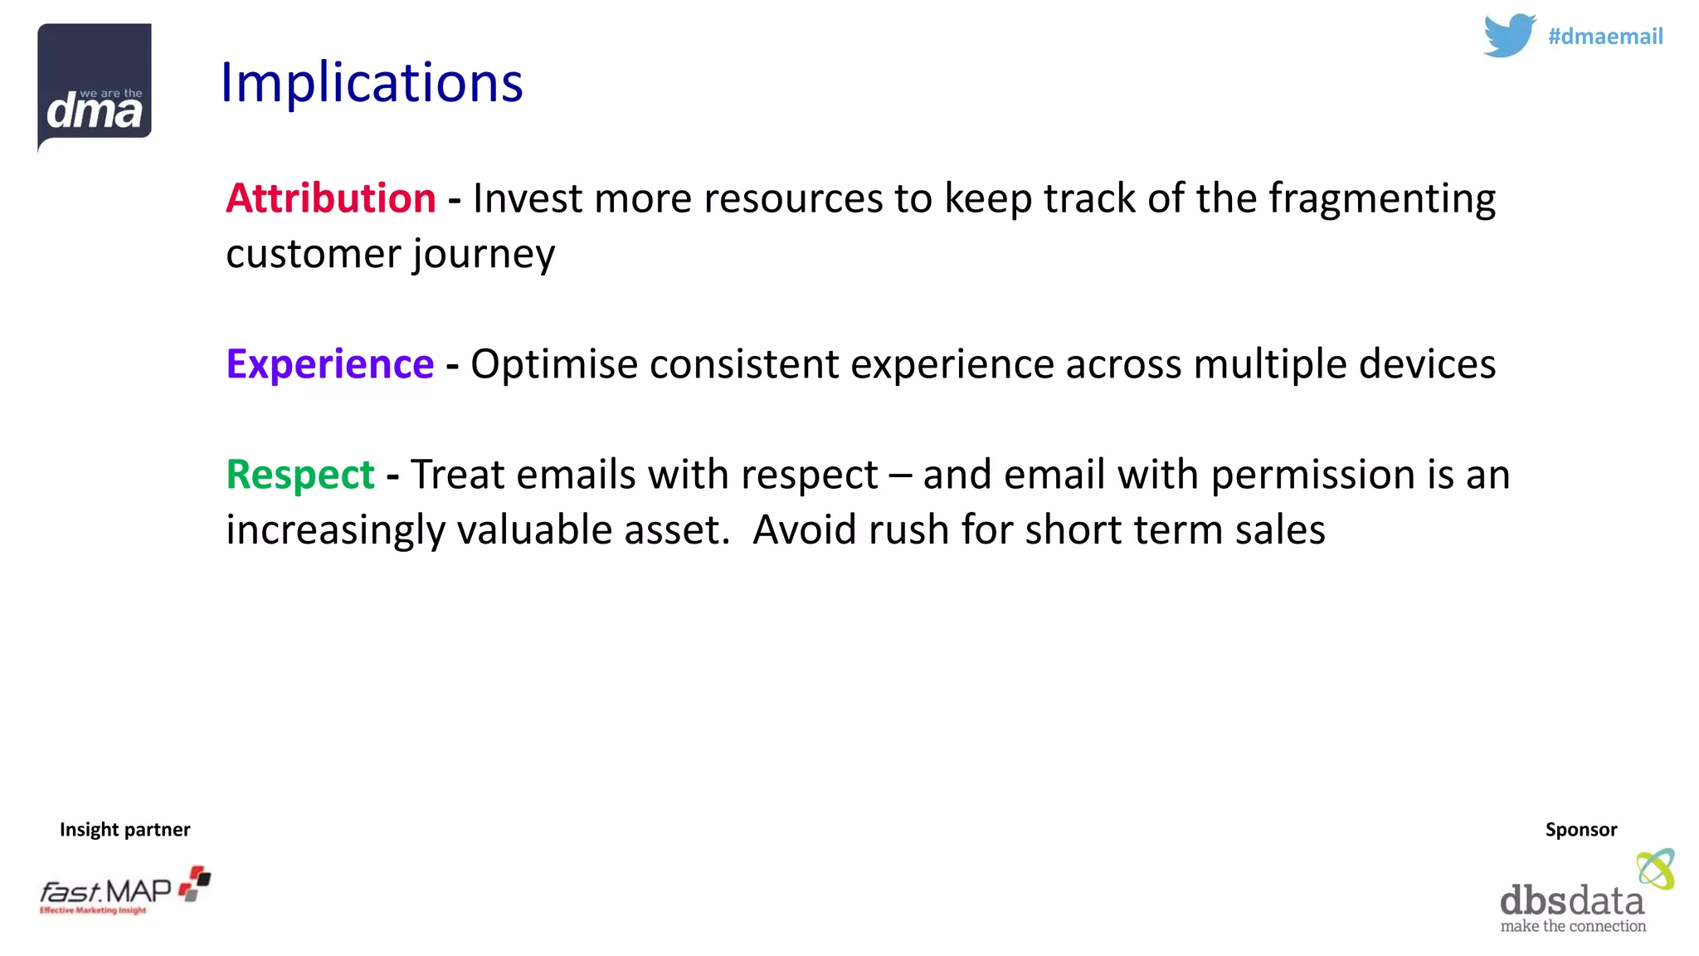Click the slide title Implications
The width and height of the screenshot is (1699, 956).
372,83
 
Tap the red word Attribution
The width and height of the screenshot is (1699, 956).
330,198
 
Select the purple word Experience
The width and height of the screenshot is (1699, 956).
329,364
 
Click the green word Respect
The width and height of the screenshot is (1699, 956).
299,475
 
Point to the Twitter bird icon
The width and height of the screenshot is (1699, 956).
1509,35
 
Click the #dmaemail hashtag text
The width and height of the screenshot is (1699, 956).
1604,37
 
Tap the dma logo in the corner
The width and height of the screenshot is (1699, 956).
95,87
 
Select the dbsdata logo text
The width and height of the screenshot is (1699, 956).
1571,901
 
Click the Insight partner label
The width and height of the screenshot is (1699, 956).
124,830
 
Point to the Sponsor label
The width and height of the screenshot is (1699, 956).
1580,830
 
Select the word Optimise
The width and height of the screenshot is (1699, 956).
553,365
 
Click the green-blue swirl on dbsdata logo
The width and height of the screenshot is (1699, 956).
1655,869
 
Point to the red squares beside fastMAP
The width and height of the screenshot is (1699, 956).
196,883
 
